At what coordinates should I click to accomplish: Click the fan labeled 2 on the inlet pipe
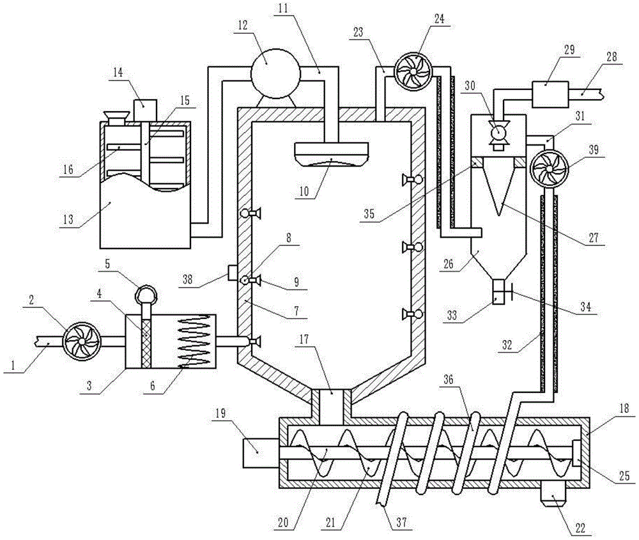[82, 341]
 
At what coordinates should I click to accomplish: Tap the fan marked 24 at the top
[413, 72]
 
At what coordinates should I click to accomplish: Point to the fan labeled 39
[550, 168]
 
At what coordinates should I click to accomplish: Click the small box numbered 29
[550, 95]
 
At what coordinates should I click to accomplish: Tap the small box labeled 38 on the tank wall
[233, 273]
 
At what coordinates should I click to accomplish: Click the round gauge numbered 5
[146, 294]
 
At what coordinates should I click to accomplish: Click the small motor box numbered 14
[144, 110]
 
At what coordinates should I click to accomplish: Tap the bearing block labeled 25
[578, 453]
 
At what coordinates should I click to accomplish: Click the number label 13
[68, 220]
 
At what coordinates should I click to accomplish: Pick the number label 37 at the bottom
[402, 522]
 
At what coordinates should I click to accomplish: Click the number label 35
[369, 214]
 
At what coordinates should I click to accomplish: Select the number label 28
[612, 57]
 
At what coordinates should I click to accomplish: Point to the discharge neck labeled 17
[331, 406]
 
